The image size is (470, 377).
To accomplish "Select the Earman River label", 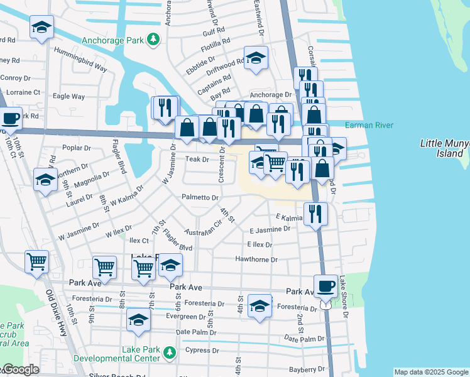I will (x=369, y=125).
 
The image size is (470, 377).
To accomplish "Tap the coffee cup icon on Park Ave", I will (x=325, y=285).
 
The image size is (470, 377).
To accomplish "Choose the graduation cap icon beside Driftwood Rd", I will (x=256, y=58).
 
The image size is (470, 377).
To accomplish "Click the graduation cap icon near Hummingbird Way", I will (x=41, y=27).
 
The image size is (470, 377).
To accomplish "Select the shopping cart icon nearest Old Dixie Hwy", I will (x=37, y=260).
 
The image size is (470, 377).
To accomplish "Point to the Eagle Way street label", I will (x=68, y=96).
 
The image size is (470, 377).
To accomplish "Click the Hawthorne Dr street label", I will (x=256, y=260).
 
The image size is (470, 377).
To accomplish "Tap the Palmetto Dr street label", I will (x=200, y=197).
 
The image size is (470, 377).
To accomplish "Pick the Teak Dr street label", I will (x=197, y=159).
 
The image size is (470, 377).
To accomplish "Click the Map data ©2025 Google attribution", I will (x=431, y=372).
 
